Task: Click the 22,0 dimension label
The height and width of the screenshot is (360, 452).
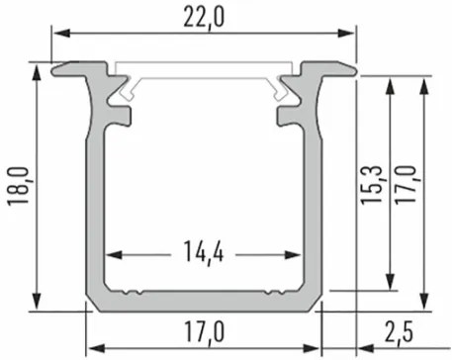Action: (x=204, y=18)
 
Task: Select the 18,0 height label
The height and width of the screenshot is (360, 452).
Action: (x=19, y=187)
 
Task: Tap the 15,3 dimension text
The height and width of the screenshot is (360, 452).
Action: (x=372, y=185)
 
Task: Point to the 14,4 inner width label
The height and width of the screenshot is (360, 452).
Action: (x=204, y=251)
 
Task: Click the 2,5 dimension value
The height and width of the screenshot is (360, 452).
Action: (x=399, y=332)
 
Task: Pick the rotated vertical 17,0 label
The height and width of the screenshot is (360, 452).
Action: (x=406, y=185)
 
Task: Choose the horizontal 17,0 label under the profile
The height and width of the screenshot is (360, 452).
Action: (x=204, y=332)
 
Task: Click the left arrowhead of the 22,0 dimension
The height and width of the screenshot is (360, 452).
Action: (x=62, y=33)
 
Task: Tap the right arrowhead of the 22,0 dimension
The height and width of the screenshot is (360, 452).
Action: (x=346, y=33)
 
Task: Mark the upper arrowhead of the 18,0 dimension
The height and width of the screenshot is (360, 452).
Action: (x=37, y=73)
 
